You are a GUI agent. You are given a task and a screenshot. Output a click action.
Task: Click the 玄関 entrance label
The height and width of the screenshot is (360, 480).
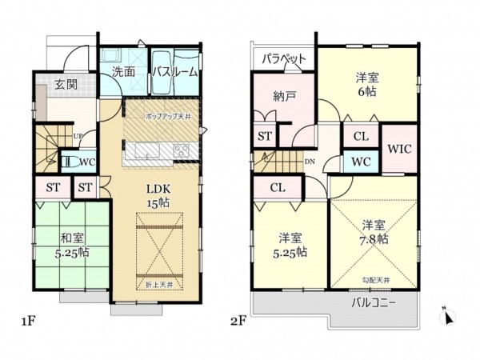pos(66,84)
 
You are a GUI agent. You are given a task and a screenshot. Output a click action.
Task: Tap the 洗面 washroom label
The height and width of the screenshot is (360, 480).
pos(122,72)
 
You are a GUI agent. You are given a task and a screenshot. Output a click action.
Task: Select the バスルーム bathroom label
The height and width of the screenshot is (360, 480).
pos(174,72)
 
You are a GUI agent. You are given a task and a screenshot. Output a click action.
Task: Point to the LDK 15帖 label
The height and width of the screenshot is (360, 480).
pos(157,196)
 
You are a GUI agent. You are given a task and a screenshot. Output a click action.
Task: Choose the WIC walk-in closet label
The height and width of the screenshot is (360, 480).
pos(399,149)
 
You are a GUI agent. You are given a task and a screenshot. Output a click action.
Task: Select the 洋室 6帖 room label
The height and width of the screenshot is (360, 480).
pos(366,84)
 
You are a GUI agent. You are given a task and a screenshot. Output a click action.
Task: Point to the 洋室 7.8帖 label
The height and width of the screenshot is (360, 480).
pos(374,232)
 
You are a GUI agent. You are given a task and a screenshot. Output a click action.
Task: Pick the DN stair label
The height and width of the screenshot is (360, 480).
pos(310,161)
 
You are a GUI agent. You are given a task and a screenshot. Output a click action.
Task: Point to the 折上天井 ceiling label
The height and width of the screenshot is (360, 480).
pos(157,286)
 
